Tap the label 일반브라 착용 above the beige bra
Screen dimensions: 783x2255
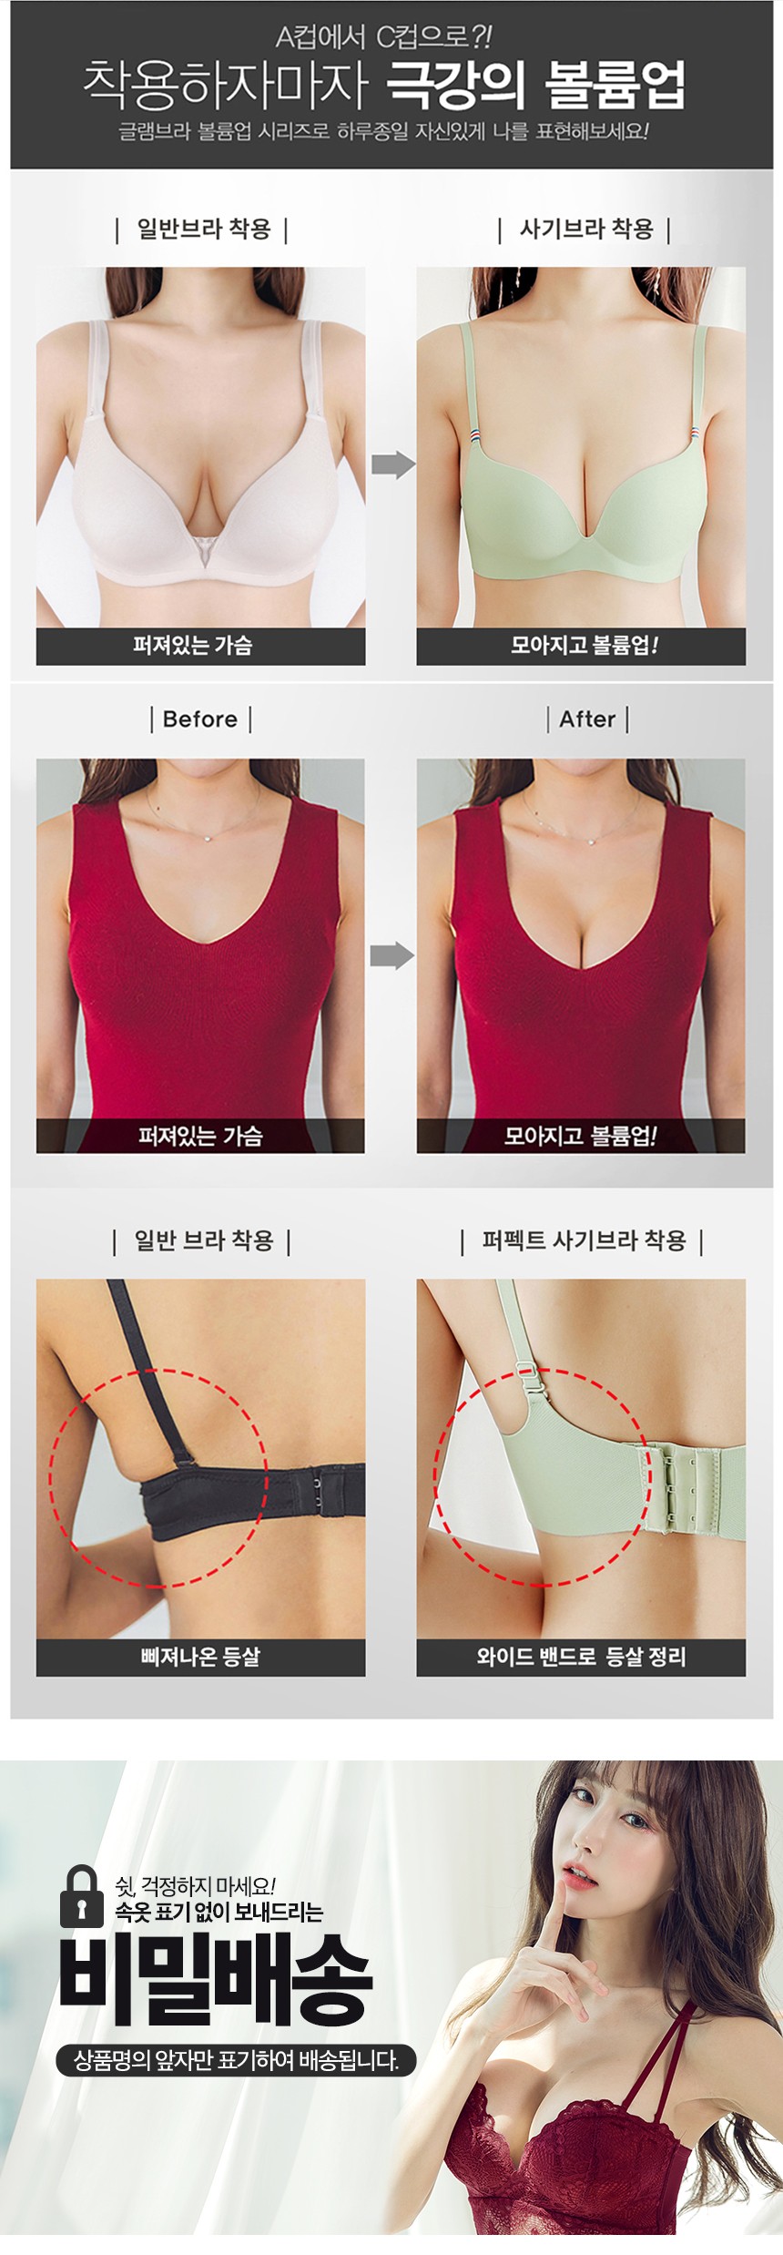tap(203, 229)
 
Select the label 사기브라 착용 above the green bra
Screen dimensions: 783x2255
tap(585, 229)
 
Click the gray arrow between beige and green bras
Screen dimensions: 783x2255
tap(393, 464)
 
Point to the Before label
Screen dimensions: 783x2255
tap(200, 719)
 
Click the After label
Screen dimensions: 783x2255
tap(587, 719)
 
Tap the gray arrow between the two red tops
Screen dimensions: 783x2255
tap(392, 955)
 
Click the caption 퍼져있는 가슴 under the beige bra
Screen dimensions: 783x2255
tap(192, 645)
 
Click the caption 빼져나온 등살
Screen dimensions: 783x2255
tap(200, 1657)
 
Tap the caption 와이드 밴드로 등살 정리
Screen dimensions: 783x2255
tap(581, 1657)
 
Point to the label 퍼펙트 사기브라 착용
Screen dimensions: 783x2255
tap(584, 1240)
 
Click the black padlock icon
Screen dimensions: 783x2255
tap(82, 1896)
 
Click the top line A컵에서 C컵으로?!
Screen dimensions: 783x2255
tap(383, 37)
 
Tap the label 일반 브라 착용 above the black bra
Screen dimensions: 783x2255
tap(203, 1240)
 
